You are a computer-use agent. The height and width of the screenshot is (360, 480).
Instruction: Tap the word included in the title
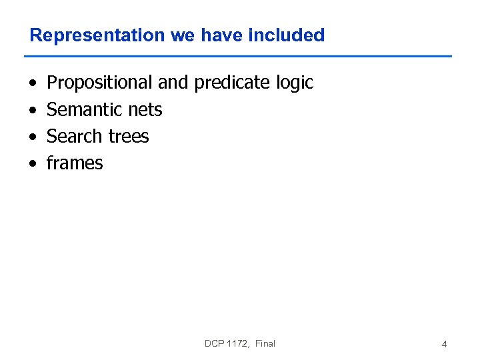click(x=286, y=35)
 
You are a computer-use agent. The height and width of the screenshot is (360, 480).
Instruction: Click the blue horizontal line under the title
click(x=240, y=56)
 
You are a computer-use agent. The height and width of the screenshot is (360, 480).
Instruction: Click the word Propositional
click(x=100, y=83)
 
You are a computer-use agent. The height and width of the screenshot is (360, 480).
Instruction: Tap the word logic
click(x=295, y=83)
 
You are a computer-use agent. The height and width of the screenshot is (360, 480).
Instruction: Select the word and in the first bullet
click(x=173, y=83)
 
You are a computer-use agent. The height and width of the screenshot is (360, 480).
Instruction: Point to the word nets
click(x=145, y=110)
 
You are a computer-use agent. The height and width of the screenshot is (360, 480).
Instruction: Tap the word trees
click(x=127, y=137)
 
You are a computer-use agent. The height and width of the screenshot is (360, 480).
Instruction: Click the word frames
click(x=75, y=163)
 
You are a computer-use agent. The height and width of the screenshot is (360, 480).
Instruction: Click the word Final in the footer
click(x=265, y=343)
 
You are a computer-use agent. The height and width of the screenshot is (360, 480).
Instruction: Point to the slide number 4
click(x=444, y=345)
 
